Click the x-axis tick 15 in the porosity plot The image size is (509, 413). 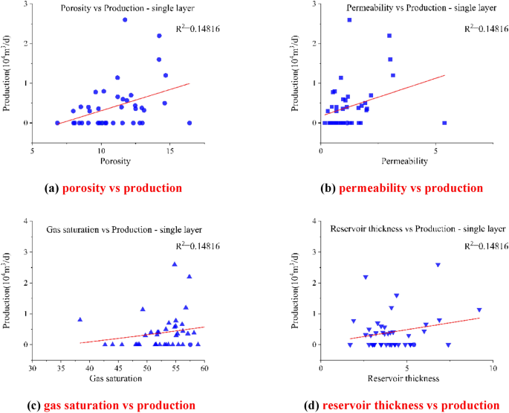[x=171, y=151]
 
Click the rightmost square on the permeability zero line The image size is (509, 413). [x=444, y=123]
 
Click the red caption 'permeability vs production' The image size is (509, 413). [x=410, y=188]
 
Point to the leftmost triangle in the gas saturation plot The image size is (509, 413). [x=80, y=319]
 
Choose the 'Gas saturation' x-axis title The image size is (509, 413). [x=117, y=380]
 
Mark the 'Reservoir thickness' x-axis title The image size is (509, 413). [x=403, y=380]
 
